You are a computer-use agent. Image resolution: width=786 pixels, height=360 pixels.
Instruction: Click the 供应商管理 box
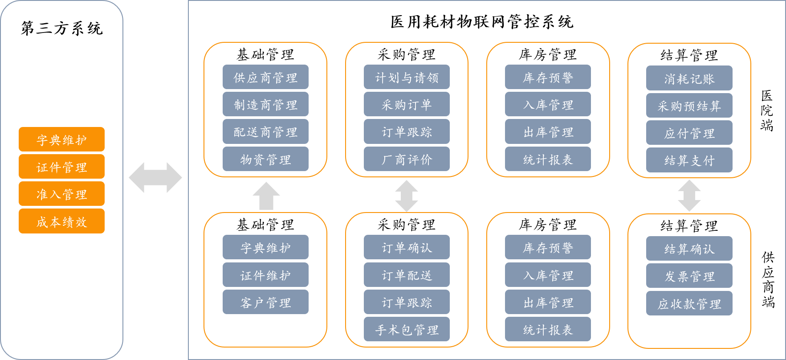(x=265, y=77)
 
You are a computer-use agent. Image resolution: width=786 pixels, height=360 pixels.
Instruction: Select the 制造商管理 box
(x=265, y=104)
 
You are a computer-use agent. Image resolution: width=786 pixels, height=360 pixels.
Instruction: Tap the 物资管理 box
(x=265, y=159)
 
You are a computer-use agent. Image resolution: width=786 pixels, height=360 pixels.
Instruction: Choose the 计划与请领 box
(x=407, y=77)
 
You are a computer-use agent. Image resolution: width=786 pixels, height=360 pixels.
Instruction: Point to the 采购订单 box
(x=407, y=104)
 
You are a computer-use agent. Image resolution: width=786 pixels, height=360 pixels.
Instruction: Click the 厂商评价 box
(x=407, y=159)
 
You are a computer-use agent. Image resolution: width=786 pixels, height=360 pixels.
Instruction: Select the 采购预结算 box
(x=689, y=106)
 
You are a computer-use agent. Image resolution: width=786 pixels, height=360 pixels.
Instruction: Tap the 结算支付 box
(x=689, y=160)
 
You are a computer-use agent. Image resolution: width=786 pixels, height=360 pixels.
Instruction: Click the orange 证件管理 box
(x=61, y=167)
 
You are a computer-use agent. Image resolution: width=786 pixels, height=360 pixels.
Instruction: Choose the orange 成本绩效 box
(x=61, y=221)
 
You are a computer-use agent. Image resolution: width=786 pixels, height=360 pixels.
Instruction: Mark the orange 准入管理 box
(x=61, y=194)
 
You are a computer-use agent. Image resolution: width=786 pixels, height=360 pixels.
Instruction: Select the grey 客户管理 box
(x=265, y=302)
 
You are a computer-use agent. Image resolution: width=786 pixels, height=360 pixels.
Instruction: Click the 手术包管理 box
(x=407, y=329)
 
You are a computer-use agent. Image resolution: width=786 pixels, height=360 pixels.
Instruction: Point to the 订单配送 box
(x=407, y=275)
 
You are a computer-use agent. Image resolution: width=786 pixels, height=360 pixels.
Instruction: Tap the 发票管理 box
(x=689, y=276)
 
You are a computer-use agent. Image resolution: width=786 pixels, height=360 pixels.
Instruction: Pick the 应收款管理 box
(x=689, y=303)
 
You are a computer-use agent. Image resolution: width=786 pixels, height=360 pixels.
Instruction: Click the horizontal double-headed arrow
(x=155, y=177)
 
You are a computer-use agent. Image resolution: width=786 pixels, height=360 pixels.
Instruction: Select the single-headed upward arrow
(x=266, y=196)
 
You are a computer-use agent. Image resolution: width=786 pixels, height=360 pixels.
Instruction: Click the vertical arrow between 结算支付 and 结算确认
(x=689, y=196)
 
